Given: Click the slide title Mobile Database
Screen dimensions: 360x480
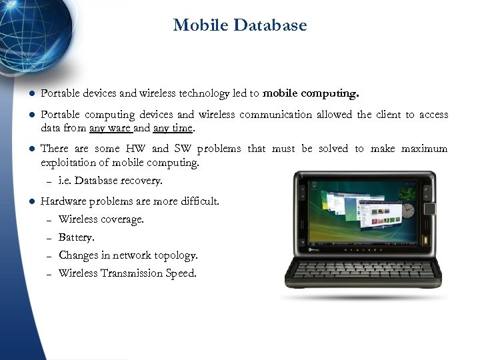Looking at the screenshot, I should point(240,25).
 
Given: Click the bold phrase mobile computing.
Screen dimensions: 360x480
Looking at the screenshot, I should point(311,93).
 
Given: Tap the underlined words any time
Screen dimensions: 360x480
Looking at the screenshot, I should point(173,128).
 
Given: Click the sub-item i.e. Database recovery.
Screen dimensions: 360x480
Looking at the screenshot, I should point(110,181).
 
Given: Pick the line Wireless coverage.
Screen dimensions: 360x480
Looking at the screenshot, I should point(101,219).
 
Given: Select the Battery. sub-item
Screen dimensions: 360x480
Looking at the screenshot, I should point(77,237).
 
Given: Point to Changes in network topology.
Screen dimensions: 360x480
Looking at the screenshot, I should point(128,255).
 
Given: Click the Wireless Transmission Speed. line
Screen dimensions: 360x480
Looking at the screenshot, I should point(127,273).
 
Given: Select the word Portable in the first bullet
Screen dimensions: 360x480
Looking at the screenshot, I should point(61,93).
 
